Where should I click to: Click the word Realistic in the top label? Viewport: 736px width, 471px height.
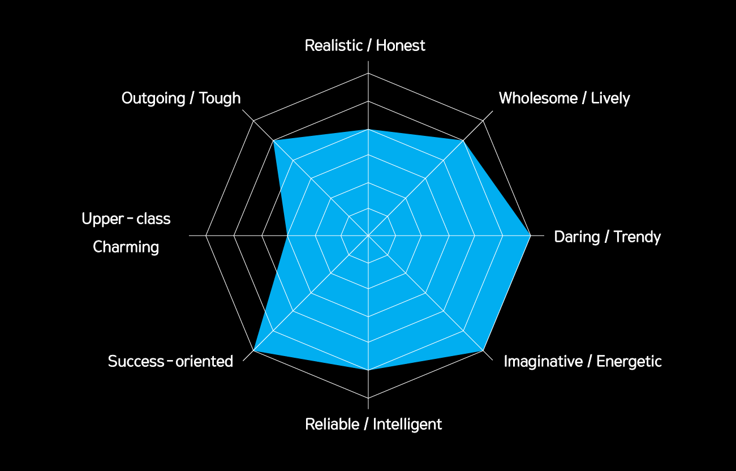[x=334, y=45]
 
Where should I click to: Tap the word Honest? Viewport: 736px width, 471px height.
[x=401, y=45]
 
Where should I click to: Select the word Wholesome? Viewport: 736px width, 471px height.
[x=538, y=98]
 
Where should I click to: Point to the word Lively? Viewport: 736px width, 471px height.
[x=610, y=99]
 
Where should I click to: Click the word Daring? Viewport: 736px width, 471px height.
[x=577, y=237]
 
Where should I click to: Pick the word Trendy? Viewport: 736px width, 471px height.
[x=638, y=237]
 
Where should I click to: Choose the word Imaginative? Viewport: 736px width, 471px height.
[x=544, y=362]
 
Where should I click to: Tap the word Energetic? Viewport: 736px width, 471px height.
[x=629, y=362]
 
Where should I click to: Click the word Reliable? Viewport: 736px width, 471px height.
[x=332, y=424]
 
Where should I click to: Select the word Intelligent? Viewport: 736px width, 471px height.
[x=407, y=425]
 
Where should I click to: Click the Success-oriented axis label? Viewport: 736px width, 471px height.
[x=170, y=361]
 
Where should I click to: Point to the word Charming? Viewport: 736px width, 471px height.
[x=126, y=247]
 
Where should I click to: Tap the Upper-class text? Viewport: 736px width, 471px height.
[x=126, y=219]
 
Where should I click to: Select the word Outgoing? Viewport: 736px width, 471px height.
[x=153, y=99]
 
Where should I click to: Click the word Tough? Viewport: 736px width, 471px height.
[x=220, y=99]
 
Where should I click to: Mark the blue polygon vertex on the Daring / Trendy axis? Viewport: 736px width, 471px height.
[x=530, y=236]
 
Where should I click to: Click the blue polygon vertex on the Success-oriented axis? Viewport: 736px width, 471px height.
[x=253, y=350]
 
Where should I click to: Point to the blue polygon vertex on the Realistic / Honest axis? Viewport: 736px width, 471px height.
[x=368, y=129]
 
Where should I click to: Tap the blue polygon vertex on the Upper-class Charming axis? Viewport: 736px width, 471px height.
[x=287, y=236]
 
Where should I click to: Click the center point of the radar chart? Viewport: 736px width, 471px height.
[x=368, y=236]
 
